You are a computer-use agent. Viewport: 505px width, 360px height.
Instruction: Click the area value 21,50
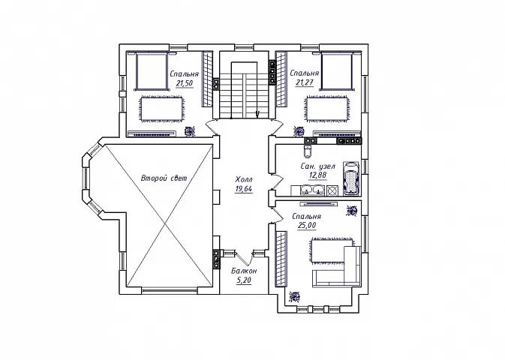coord(185,83)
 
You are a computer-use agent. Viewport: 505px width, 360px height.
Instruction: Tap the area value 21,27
coord(305,82)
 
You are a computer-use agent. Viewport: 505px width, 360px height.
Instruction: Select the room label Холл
coord(244,179)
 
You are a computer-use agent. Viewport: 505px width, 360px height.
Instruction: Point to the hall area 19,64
coord(244,189)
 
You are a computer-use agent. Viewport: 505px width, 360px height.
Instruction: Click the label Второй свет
coord(164,178)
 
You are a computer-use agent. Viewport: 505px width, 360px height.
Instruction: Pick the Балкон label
coord(244,271)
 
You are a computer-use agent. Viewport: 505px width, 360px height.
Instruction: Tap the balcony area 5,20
coord(244,280)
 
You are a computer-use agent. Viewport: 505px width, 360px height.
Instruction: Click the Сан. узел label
coord(318,166)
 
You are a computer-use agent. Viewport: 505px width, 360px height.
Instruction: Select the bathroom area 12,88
coord(318,175)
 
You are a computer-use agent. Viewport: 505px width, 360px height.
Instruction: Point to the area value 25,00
coord(307,226)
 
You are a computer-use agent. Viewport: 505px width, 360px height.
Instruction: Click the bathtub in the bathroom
coord(350,178)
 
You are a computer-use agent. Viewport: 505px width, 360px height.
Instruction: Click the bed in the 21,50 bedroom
coord(152,70)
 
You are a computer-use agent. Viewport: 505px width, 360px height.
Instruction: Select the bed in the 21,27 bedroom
coord(336,70)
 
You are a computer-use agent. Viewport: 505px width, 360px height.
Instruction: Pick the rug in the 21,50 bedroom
coord(162,109)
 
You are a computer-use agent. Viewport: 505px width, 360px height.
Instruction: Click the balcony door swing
coord(244,257)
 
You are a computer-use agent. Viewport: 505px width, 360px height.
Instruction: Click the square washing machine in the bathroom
coord(332,190)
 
